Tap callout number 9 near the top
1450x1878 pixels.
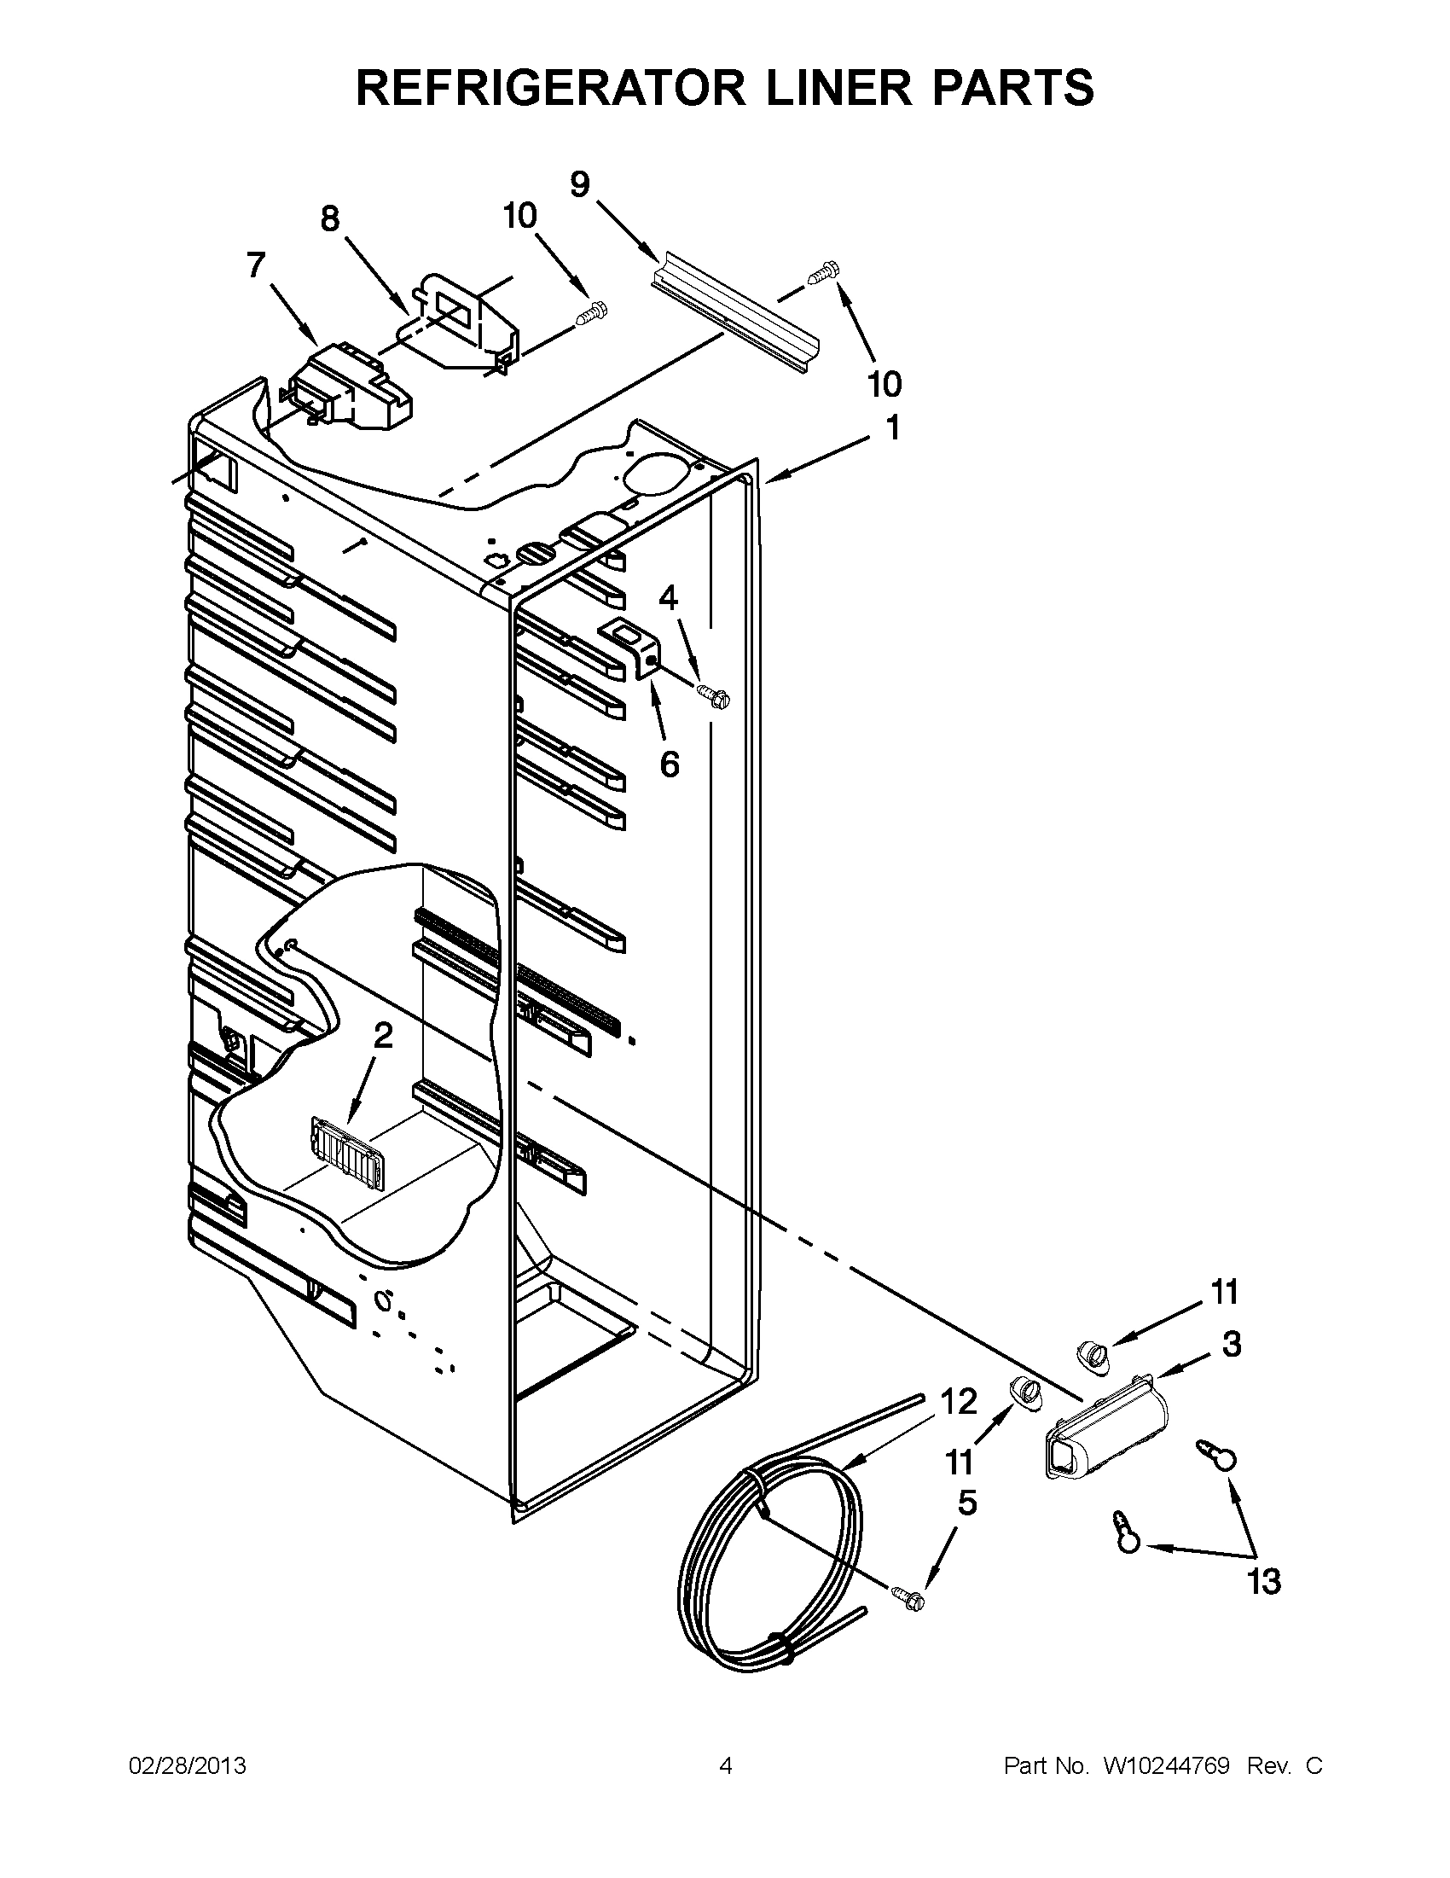581,185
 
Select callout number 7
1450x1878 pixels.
256,265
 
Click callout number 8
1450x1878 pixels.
330,219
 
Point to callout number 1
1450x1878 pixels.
893,428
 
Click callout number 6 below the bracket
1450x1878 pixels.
670,764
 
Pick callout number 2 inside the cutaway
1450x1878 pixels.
382,1036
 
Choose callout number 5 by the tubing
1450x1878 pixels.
966,1504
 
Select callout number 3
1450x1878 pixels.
1231,1344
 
